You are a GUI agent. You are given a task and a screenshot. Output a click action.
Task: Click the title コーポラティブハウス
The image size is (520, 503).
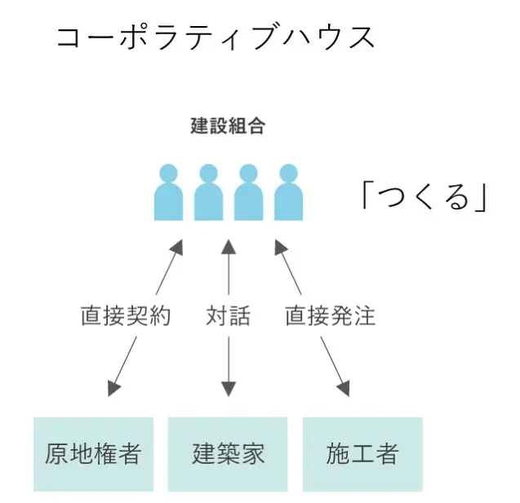tap(216, 37)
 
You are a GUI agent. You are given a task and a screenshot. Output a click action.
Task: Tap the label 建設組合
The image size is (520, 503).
tap(228, 126)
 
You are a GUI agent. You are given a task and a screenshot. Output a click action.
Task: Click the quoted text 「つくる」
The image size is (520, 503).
tap(423, 196)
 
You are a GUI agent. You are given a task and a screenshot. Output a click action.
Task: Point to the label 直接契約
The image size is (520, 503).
tap(126, 316)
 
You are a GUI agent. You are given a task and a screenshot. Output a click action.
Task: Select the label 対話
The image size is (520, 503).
tap(229, 316)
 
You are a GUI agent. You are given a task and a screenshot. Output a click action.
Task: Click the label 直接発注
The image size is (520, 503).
tap(330, 316)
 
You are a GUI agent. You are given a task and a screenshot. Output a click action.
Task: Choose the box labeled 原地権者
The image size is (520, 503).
tap(93, 454)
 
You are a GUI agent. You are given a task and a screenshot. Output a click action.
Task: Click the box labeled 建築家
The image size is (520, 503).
tap(228, 454)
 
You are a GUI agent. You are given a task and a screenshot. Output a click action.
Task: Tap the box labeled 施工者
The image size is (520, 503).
tap(362, 454)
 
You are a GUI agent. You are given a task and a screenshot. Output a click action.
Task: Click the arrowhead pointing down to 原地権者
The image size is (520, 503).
tap(115, 386)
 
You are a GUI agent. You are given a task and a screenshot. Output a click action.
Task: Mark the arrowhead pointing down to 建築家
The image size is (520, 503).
tap(229, 388)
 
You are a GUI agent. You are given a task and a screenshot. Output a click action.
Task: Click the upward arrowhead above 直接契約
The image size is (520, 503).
tap(177, 247)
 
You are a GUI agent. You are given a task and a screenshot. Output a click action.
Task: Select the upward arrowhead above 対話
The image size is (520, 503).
tap(229, 246)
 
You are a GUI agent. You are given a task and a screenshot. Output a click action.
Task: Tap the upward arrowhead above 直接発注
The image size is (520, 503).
tap(281, 247)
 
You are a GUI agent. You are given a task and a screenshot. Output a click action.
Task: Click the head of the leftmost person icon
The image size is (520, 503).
tap(168, 173)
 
